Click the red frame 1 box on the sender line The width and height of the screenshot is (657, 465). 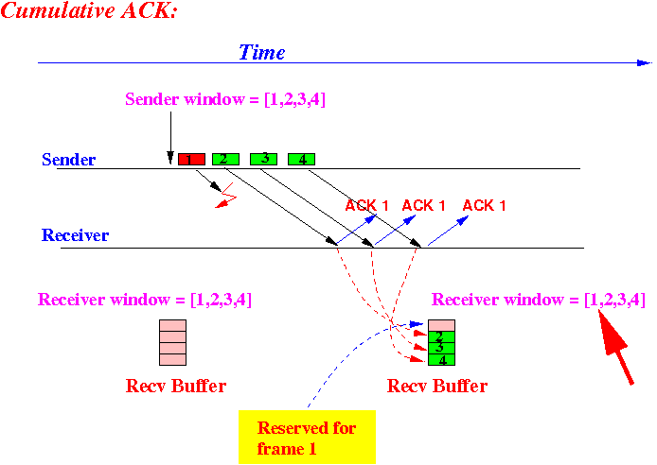click(x=191, y=160)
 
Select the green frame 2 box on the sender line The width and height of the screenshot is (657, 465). click(x=226, y=160)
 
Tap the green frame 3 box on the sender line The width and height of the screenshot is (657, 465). click(x=263, y=160)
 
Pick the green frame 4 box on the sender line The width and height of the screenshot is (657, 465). click(x=301, y=160)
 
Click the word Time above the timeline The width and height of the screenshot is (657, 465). click(x=262, y=53)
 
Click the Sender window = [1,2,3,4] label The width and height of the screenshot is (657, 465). click(x=225, y=99)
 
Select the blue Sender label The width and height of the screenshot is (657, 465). click(x=69, y=160)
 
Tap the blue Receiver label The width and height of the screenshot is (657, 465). click(x=75, y=235)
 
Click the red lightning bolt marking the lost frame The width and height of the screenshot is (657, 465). click(x=226, y=196)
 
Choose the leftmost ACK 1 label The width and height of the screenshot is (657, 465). click(x=366, y=205)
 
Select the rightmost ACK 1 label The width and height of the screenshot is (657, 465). click(x=484, y=205)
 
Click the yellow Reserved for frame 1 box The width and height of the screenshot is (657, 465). click(x=307, y=437)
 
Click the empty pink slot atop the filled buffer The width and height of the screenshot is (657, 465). click(x=441, y=325)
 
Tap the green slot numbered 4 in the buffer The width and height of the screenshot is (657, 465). click(x=441, y=360)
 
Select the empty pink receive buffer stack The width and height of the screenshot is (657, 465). click(x=172, y=342)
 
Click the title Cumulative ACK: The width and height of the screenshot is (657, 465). click(x=89, y=10)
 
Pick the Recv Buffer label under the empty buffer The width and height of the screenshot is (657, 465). click(x=176, y=386)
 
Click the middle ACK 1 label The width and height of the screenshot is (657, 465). click(x=423, y=205)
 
